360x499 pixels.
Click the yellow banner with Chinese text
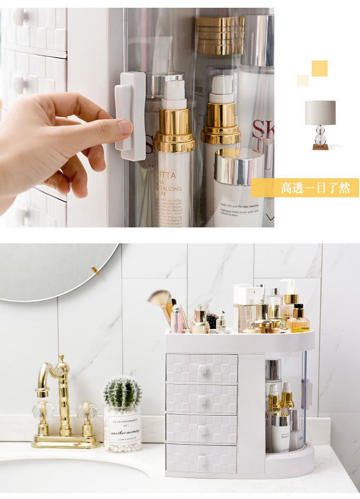click(x=304, y=188)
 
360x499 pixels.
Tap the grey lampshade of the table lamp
click(x=320, y=113)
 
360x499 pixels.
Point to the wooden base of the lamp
click(x=320, y=147)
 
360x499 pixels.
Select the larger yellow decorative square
click(x=319, y=68)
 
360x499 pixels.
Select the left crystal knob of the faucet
click(x=43, y=412)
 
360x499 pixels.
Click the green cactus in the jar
click(x=122, y=392)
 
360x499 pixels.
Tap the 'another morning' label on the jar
click(x=124, y=429)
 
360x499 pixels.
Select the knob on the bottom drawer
click(x=202, y=459)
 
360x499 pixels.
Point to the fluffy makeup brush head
click(x=159, y=298)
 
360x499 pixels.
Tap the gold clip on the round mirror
click(x=95, y=271)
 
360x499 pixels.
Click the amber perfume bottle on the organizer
click(x=298, y=319)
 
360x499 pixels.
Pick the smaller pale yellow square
click(x=303, y=81)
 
